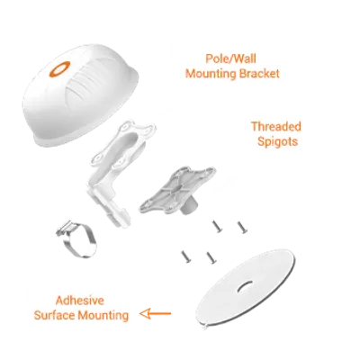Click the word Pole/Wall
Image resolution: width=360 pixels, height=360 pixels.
pyautogui.click(x=230, y=58)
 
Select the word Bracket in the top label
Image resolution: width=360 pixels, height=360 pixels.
pyautogui.click(x=258, y=74)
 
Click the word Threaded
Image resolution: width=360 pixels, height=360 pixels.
pyautogui.click(x=276, y=127)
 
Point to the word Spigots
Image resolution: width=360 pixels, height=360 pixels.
pyautogui.click(x=277, y=141)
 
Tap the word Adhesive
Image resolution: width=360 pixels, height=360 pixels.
pyautogui.click(x=80, y=301)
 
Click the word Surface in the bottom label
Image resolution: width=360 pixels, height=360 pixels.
pyautogui.click(x=55, y=315)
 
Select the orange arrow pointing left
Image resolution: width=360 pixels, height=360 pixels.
pyautogui.click(x=155, y=314)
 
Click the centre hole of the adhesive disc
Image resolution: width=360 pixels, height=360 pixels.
pyautogui.click(x=245, y=286)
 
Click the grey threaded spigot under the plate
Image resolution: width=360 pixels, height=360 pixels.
pyautogui.click(x=188, y=206)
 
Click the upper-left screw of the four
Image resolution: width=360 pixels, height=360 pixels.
pyautogui.click(x=217, y=227)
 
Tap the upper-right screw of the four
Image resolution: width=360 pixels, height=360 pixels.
pyautogui.click(x=242, y=228)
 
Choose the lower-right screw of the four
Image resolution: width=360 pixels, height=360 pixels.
pyautogui.click(x=211, y=257)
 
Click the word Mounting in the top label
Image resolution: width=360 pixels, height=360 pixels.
pyautogui.click(x=210, y=74)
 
